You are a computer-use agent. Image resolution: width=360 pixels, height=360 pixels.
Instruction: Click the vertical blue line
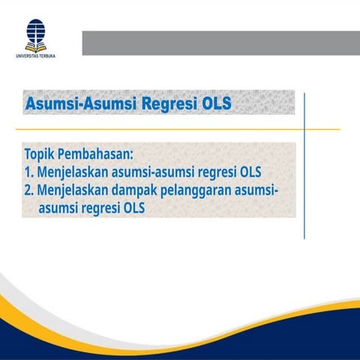click(x=304, y=165)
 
